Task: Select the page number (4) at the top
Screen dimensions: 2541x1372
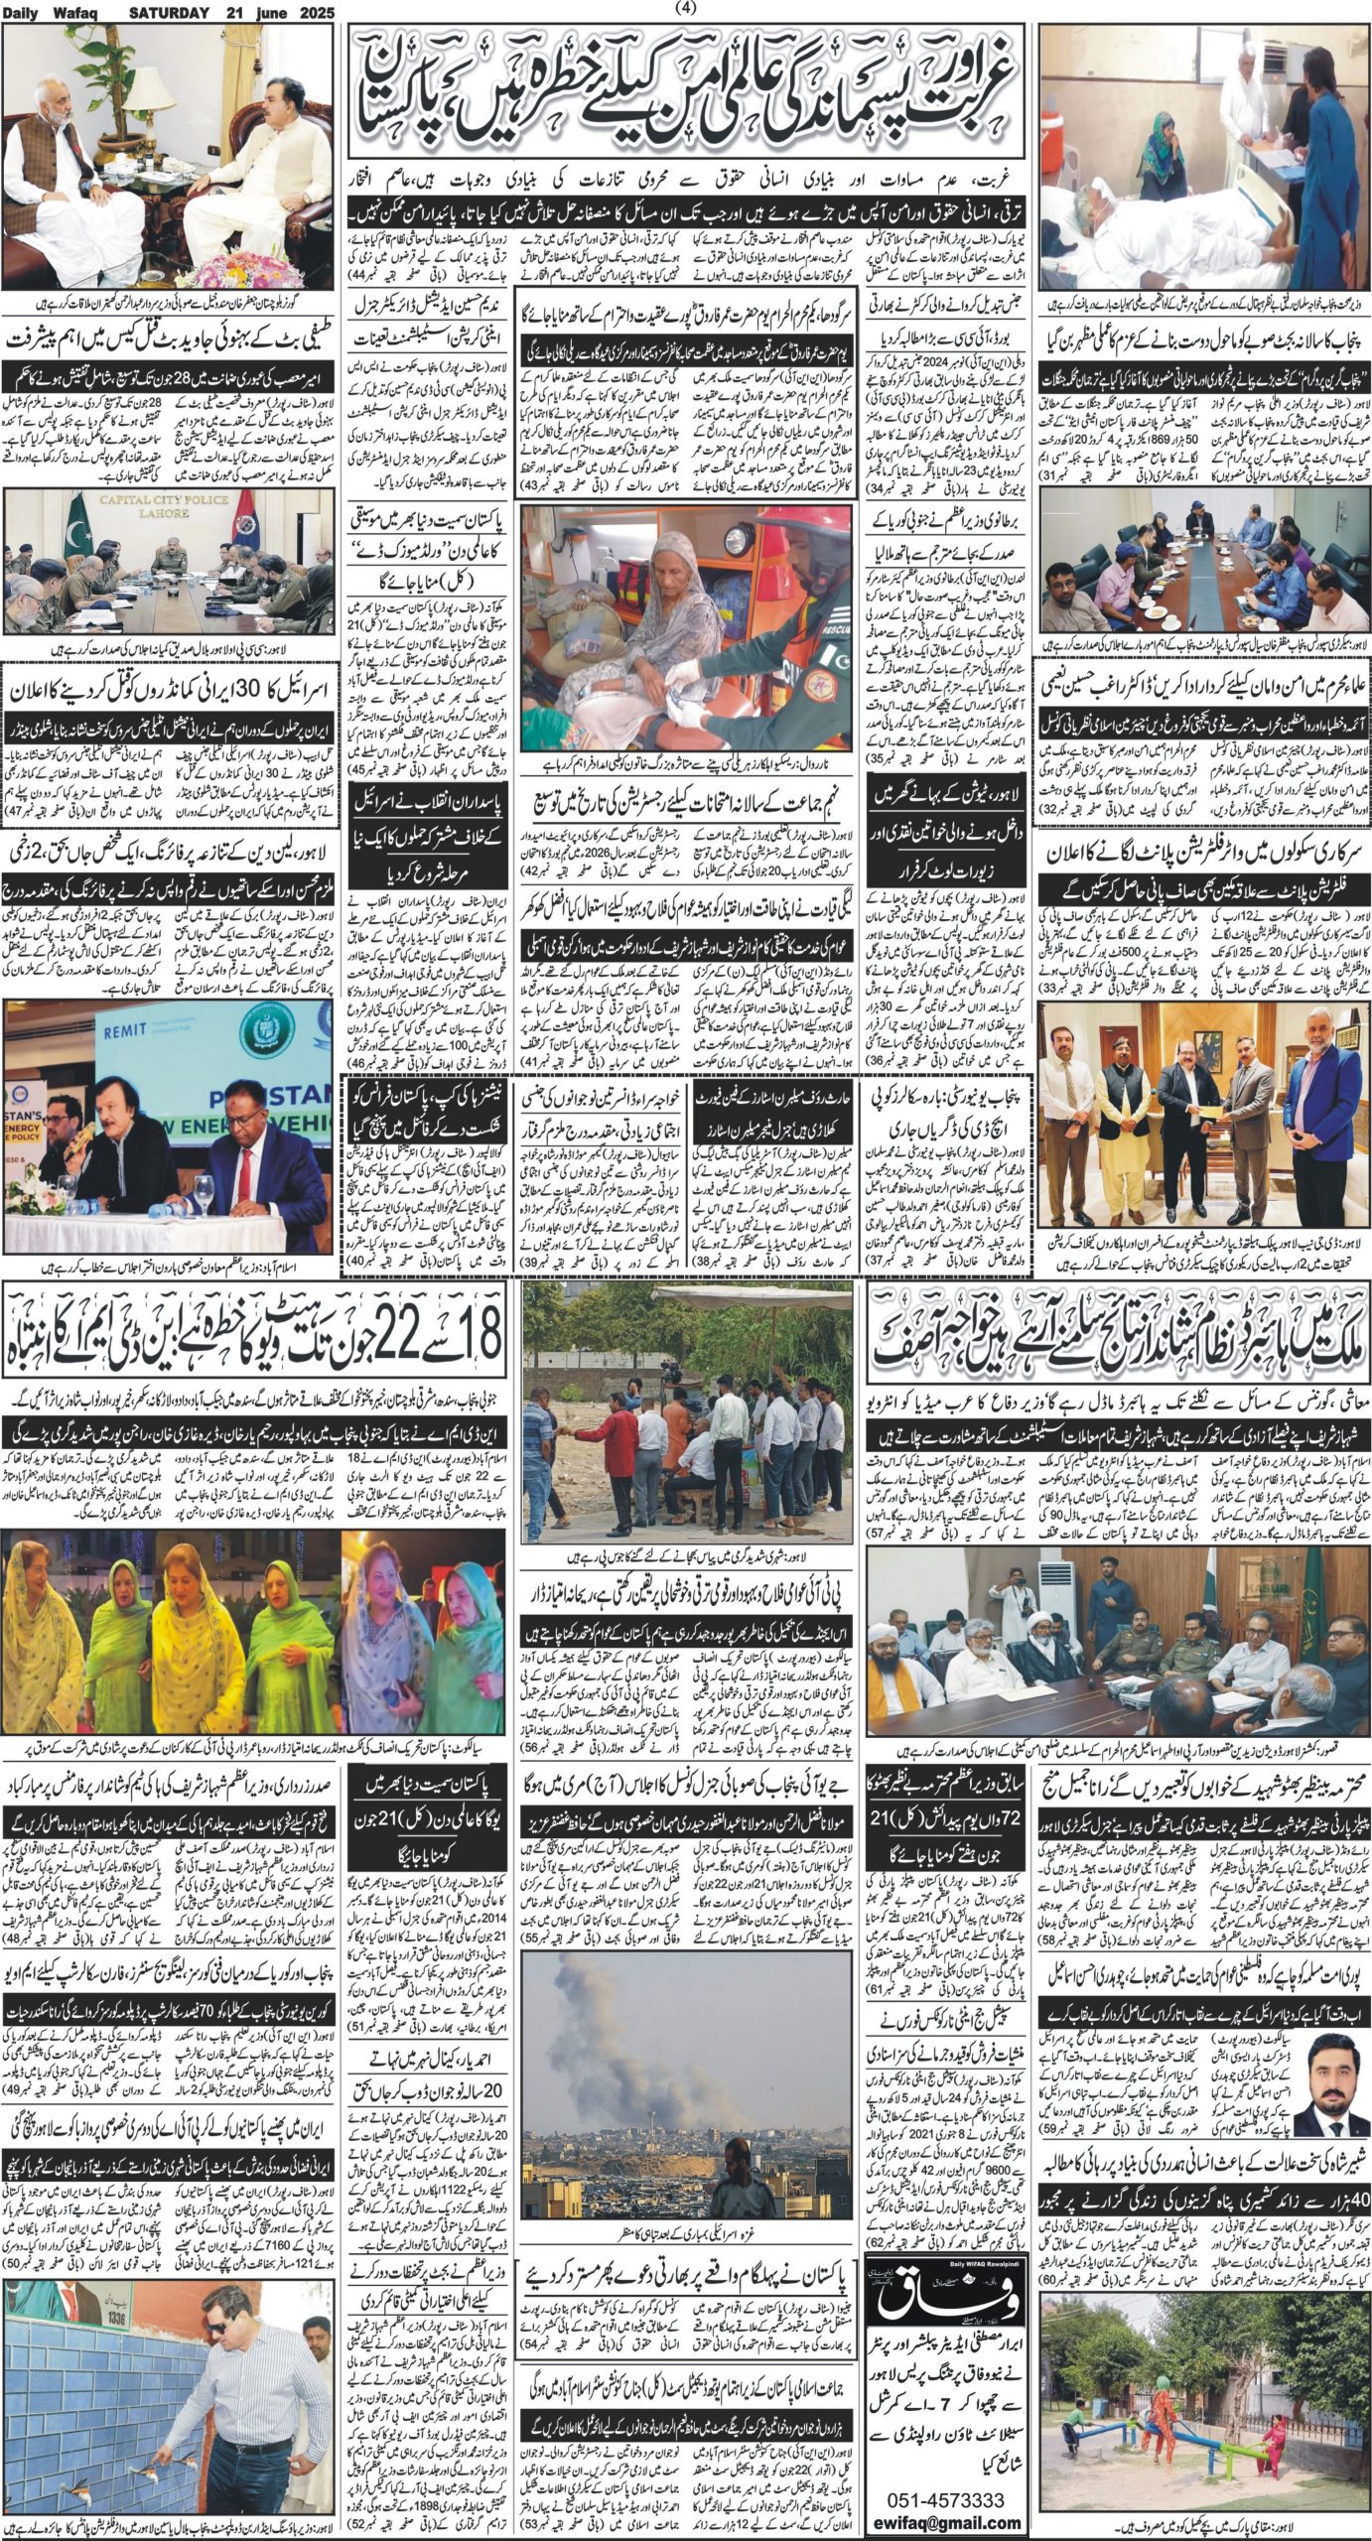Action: (685, 9)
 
